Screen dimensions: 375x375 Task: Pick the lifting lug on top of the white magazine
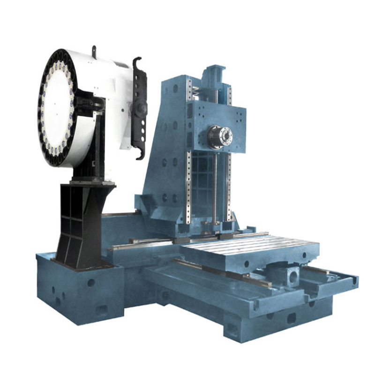(94, 51)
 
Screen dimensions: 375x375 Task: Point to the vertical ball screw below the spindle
(215, 187)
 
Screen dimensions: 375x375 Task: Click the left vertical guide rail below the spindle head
(188, 187)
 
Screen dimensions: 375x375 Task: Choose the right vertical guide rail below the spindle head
(229, 187)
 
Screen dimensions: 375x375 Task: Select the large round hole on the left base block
(90, 283)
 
